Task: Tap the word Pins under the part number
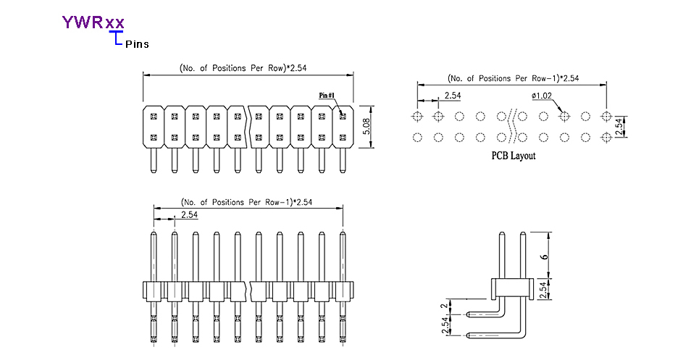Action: coord(137,44)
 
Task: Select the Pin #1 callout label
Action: coord(327,95)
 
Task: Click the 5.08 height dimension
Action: coord(367,127)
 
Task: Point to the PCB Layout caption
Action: coord(513,156)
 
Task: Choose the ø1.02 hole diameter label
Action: coord(542,96)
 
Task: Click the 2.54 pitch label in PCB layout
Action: coord(453,96)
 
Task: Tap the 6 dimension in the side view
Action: coord(544,254)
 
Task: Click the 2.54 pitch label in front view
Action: coord(189,215)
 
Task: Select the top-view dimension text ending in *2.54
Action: coord(246,68)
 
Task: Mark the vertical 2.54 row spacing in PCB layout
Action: coord(618,127)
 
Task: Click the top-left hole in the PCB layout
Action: coord(416,116)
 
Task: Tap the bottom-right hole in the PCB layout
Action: coord(607,137)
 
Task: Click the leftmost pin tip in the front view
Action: coord(154,233)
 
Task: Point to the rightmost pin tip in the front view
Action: coord(343,233)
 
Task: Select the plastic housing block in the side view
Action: coord(511,288)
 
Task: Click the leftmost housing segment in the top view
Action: coord(153,127)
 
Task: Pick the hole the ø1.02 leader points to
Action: coord(565,116)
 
